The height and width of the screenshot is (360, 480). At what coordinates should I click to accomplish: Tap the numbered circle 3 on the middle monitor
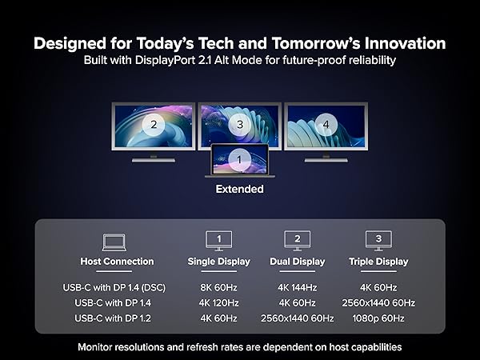coord(240,124)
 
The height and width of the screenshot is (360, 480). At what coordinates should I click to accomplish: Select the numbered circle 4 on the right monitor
coord(326,124)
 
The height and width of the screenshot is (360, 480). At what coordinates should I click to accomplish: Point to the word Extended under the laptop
coord(239,190)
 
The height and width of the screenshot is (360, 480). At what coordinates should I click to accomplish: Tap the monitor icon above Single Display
coord(218,240)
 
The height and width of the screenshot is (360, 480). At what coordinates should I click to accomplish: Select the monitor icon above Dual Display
coord(298,240)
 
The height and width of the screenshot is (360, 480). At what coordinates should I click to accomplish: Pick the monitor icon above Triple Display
coord(378,240)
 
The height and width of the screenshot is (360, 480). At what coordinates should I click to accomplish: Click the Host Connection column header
coord(117,262)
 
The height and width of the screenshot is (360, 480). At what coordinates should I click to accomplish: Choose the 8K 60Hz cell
coord(218,287)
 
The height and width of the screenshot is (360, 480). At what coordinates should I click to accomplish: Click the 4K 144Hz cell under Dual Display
coord(298,287)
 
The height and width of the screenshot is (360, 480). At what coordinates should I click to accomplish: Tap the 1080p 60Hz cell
coord(378,318)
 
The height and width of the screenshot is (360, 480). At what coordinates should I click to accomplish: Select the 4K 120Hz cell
coord(218,302)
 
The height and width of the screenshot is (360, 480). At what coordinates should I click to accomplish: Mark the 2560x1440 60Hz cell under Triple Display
coord(378,302)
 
